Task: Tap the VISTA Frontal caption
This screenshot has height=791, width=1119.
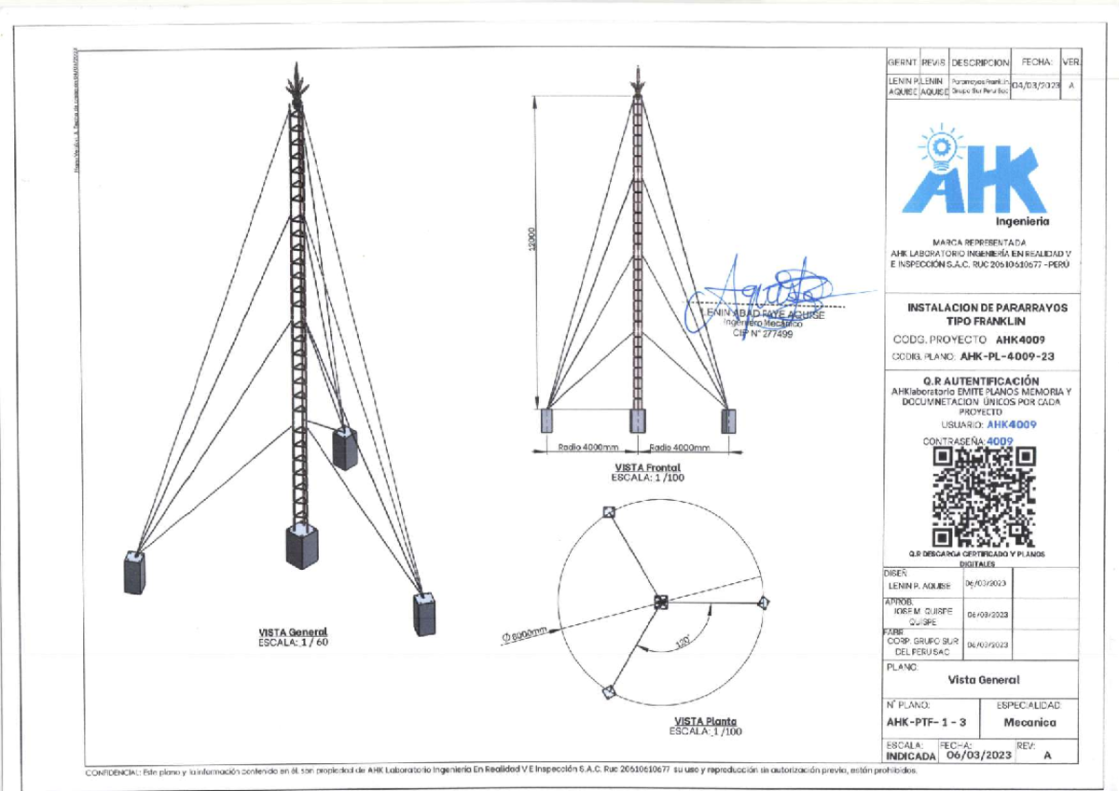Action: [x=647, y=467]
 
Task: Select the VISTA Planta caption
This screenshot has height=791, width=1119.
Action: [x=705, y=721]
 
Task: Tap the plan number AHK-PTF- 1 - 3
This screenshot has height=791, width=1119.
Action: [x=927, y=722]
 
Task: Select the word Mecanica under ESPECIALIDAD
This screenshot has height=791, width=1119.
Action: [x=1029, y=722]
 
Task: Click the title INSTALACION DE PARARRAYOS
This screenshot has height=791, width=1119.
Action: [x=988, y=307]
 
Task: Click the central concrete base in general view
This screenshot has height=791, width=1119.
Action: [x=301, y=546]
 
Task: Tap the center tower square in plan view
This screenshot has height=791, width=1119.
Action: [x=660, y=601]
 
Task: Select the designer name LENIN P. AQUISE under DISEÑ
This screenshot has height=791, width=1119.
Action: [x=920, y=586]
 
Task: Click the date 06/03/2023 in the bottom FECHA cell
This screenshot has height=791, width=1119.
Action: [x=977, y=756]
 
